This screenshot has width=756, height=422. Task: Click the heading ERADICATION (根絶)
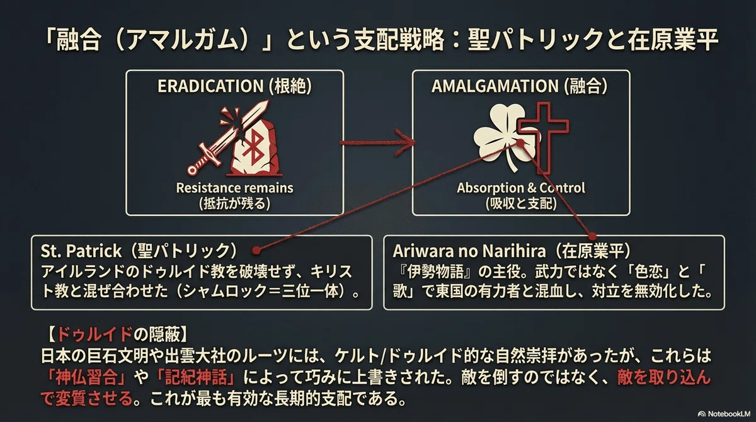[x=234, y=86]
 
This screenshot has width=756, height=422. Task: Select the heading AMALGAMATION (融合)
[x=520, y=86]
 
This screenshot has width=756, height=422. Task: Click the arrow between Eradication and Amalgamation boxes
[x=377, y=142]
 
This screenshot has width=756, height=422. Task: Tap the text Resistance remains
[x=234, y=188]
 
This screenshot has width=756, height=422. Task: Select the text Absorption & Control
[x=521, y=188]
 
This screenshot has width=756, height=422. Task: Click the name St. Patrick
[x=81, y=251]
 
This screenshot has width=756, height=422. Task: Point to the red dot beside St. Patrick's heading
[x=256, y=250]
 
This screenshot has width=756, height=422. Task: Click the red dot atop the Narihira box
[x=592, y=236]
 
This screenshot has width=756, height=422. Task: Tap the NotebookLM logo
[x=726, y=414]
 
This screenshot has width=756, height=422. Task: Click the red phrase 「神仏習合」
[x=86, y=377]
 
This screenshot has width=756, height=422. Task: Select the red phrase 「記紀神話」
[x=196, y=377]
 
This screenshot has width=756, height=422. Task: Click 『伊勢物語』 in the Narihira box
[x=435, y=272]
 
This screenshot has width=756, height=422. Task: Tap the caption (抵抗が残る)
[x=234, y=204]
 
